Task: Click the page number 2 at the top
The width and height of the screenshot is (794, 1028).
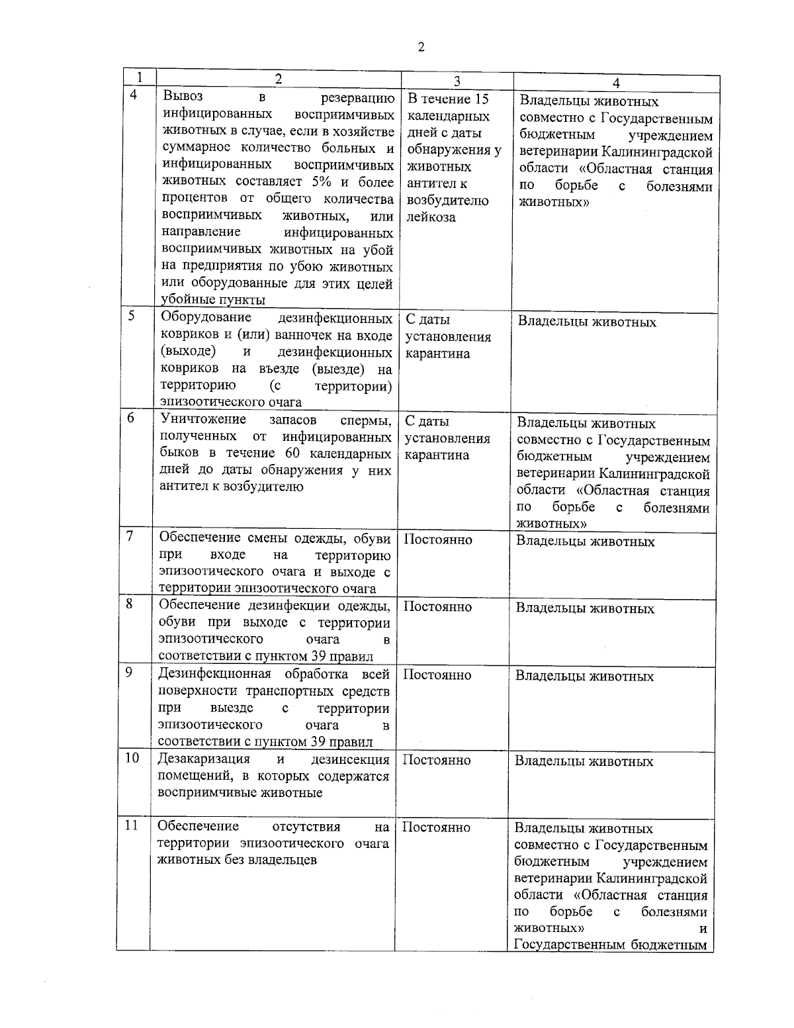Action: tap(421, 47)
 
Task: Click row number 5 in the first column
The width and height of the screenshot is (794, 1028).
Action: tap(132, 316)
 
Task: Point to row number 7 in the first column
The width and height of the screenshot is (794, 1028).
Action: tap(130, 536)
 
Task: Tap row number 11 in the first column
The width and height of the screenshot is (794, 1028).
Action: tap(132, 825)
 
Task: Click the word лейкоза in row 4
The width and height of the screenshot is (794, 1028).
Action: tap(431, 217)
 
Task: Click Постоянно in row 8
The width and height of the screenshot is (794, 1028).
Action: tap(437, 606)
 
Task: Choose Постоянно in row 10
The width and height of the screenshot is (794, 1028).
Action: tap(437, 760)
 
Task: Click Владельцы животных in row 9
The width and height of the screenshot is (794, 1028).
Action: tap(584, 676)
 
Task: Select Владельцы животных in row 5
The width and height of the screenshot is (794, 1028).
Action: tap(587, 322)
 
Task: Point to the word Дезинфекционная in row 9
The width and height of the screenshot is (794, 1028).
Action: tap(214, 674)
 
